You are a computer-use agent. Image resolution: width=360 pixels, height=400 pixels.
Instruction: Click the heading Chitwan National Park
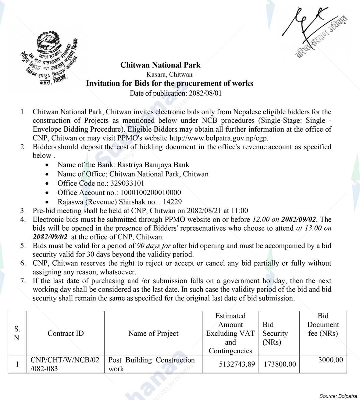(160, 65)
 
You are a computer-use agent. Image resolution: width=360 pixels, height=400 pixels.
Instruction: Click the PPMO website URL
(219, 138)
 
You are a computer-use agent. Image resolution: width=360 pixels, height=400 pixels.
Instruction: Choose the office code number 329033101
(127, 183)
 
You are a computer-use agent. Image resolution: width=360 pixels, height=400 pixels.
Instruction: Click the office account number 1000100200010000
(151, 193)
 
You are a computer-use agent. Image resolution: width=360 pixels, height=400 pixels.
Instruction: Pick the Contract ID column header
(66, 333)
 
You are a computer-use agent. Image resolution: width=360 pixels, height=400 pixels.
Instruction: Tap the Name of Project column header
(153, 333)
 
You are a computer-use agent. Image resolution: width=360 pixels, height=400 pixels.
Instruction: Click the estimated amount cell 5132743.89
(237, 364)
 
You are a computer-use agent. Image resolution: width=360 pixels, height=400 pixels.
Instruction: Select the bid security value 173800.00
(280, 364)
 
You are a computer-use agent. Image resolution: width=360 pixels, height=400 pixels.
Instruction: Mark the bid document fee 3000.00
(330, 360)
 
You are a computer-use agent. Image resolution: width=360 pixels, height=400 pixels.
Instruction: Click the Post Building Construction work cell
(151, 364)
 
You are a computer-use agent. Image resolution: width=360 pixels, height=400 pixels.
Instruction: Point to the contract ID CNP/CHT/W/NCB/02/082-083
(65, 364)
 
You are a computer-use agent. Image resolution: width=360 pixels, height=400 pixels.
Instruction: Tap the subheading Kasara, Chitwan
(169, 74)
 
